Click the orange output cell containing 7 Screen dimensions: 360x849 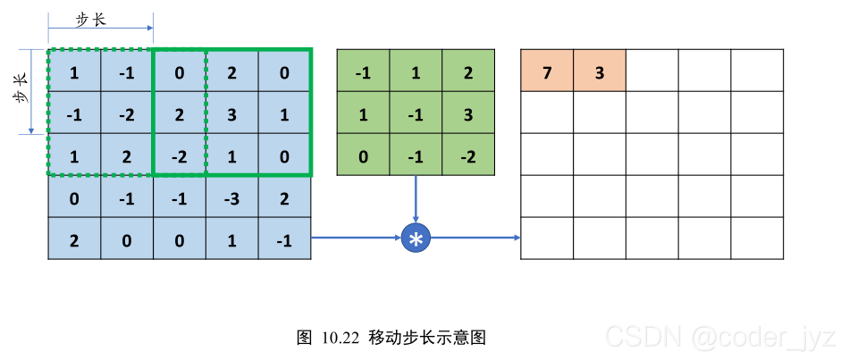coord(547,71)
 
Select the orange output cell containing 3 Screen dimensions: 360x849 coord(599,71)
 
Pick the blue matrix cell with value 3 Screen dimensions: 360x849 coord(232,113)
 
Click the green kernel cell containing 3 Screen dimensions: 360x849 coord(468,113)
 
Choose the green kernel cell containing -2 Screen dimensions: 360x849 coord(468,155)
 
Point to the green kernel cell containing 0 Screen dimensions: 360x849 coord(363,155)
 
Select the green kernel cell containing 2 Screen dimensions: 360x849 coord(468,71)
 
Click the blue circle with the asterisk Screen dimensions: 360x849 coord(416,238)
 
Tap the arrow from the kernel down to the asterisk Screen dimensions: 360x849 coord(416,198)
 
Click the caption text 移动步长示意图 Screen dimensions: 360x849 coord(427,338)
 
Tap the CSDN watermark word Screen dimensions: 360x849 coord(636,337)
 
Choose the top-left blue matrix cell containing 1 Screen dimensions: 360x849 coord(74,71)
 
